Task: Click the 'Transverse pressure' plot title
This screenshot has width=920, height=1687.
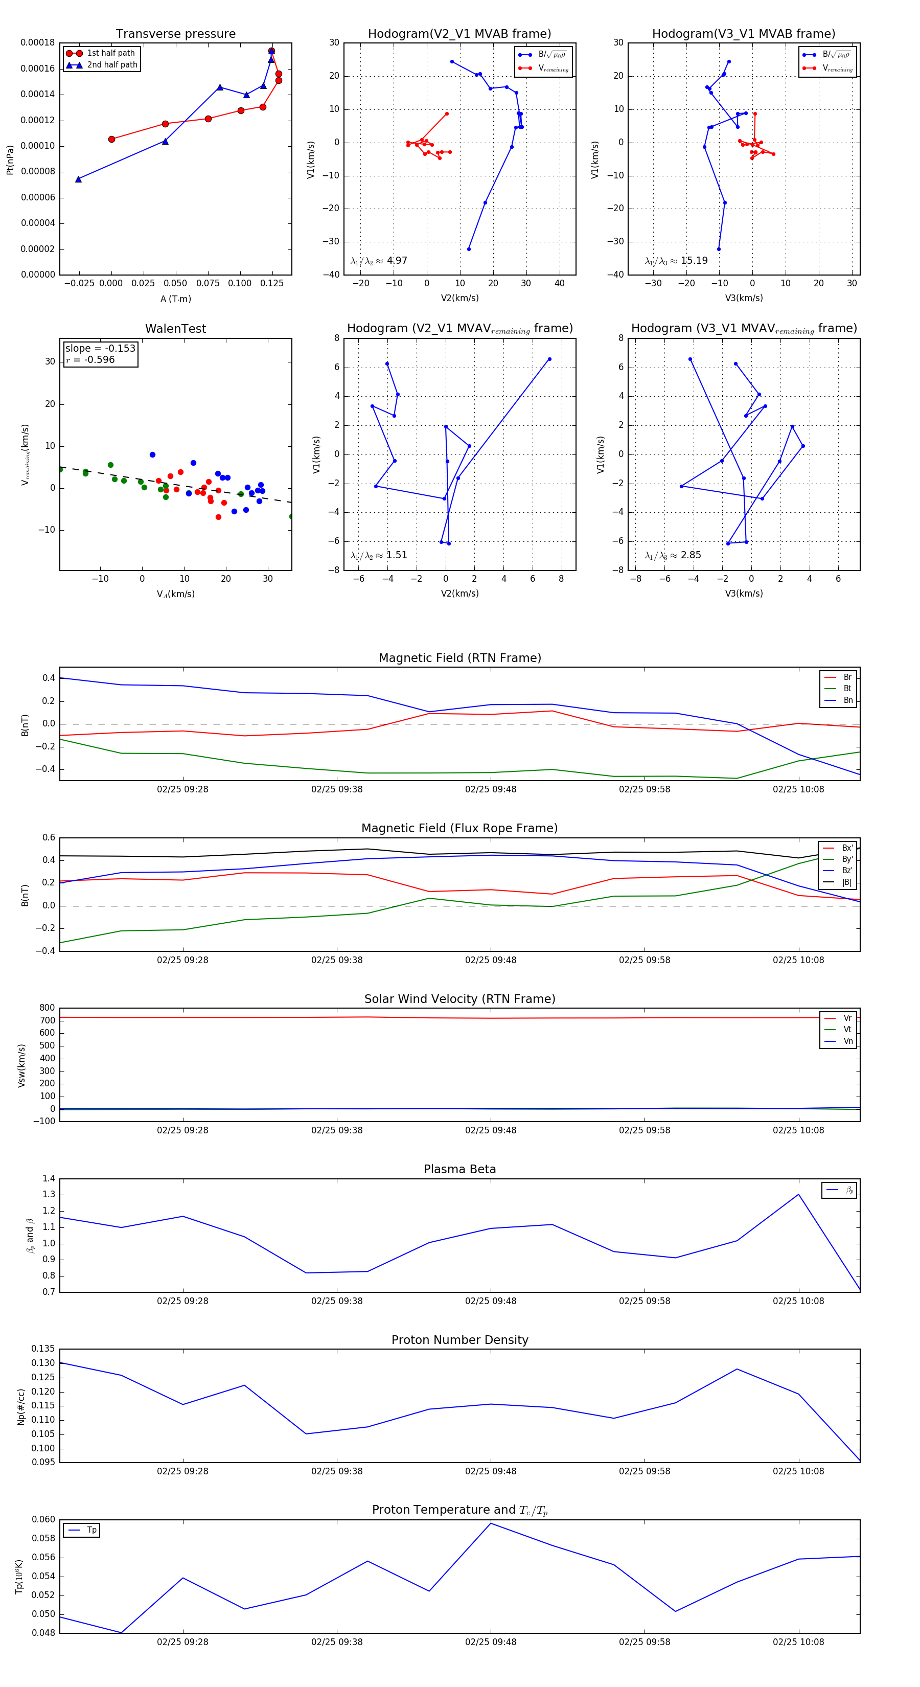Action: [175, 34]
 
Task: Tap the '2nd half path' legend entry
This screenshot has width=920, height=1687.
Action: [112, 65]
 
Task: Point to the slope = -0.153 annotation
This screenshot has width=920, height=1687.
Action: [100, 349]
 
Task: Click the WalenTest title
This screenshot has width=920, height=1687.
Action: [175, 329]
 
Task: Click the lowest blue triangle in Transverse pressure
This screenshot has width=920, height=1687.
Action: [79, 179]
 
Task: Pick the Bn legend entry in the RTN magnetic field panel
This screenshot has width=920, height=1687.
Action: [847, 700]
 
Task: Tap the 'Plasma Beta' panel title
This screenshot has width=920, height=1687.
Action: [459, 1169]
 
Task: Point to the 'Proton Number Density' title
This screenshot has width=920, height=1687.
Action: [459, 1339]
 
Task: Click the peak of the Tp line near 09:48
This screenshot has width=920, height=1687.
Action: [491, 1523]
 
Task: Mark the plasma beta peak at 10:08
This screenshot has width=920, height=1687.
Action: [798, 1195]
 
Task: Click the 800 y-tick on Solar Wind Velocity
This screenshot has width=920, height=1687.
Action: [47, 1008]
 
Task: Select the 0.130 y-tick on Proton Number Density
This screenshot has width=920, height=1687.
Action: [43, 1363]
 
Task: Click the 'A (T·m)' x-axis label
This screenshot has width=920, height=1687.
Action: [175, 299]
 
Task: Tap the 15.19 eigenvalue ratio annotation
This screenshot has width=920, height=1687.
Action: [694, 261]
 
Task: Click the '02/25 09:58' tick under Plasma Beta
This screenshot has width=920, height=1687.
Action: [645, 1301]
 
